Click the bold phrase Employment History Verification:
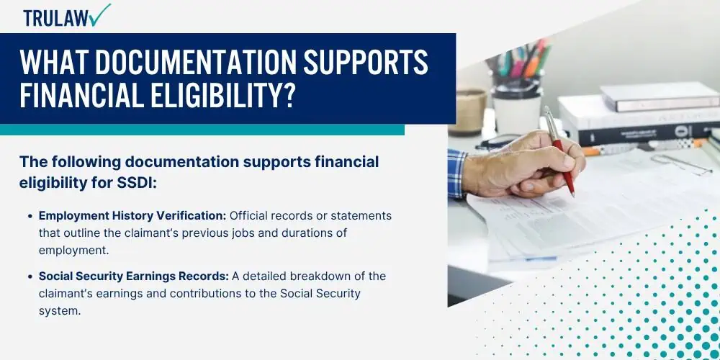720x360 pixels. point(132,216)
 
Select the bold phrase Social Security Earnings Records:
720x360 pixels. point(134,276)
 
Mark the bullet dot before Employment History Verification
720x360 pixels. point(30,216)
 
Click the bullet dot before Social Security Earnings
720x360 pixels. point(30,277)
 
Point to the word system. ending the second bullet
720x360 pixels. point(60,311)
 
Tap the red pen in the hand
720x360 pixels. point(559,150)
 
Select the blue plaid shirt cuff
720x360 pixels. point(457,173)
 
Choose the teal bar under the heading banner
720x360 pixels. point(202,130)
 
